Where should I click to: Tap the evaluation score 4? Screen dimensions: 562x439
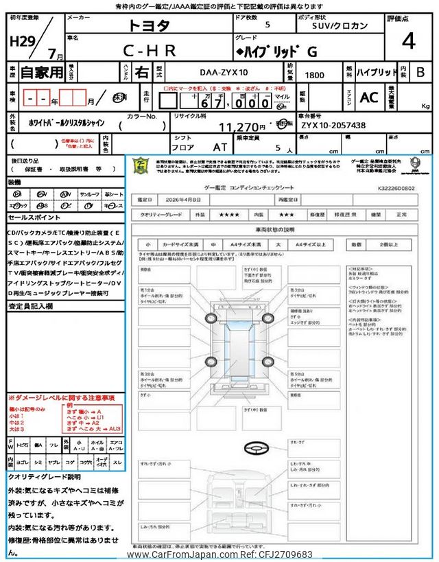[x=408, y=43]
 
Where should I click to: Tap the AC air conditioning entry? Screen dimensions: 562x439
[x=369, y=98]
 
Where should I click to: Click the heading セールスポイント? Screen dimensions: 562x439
[x=34, y=217]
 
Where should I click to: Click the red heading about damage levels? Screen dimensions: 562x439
[x=62, y=398]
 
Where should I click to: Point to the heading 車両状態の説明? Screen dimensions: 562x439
[x=274, y=229]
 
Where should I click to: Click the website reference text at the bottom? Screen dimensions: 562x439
[x=219, y=554]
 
